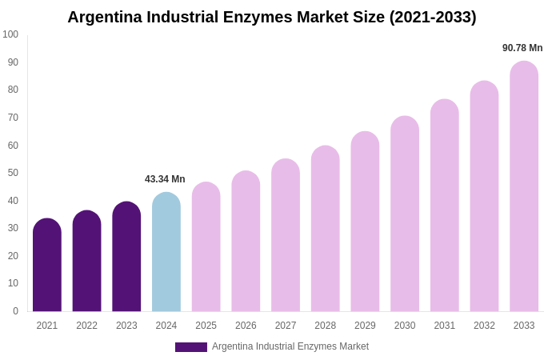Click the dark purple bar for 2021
click(x=47, y=266)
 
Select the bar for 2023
click(x=126, y=258)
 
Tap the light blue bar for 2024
click(x=166, y=253)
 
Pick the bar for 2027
click(x=286, y=236)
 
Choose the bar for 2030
click(x=405, y=214)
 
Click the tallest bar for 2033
click(x=524, y=187)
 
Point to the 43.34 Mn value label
click(x=165, y=179)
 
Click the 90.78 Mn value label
click(x=522, y=48)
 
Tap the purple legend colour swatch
click(x=191, y=347)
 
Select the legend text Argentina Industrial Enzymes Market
click(x=290, y=346)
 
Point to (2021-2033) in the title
click(x=433, y=17)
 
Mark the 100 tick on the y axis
click(x=10, y=34)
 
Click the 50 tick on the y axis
click(x=13, y=173)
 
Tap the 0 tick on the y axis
click(x=15, y=311)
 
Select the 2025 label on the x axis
click(x=206, y=326)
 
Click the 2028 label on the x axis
click(x=326, y=326)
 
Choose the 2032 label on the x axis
click(x=484, y=326)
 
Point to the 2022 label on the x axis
click(x=86, y=326)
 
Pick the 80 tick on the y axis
click(x=13, y=90)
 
